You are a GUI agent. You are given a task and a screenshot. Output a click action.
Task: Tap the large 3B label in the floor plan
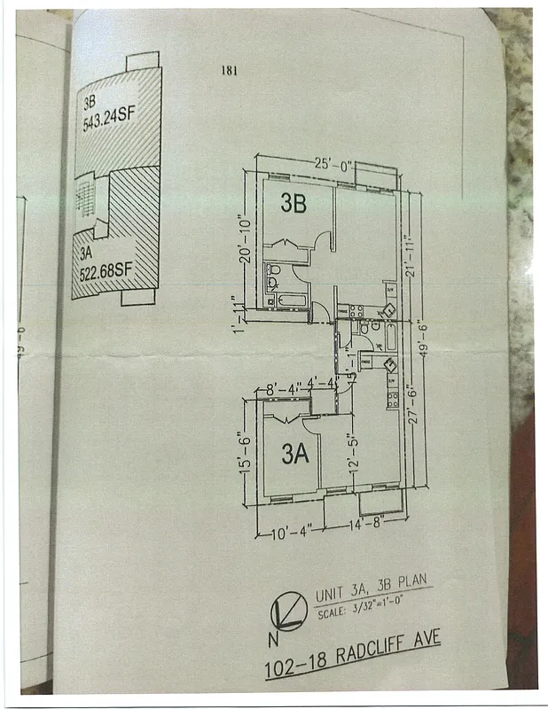tap(294, 203)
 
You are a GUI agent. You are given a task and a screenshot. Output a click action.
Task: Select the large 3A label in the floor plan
tap(294, 456)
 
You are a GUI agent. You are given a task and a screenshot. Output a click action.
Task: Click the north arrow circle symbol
tap(285, 610)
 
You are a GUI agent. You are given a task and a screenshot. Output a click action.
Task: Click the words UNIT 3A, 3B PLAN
tap(371, 589)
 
